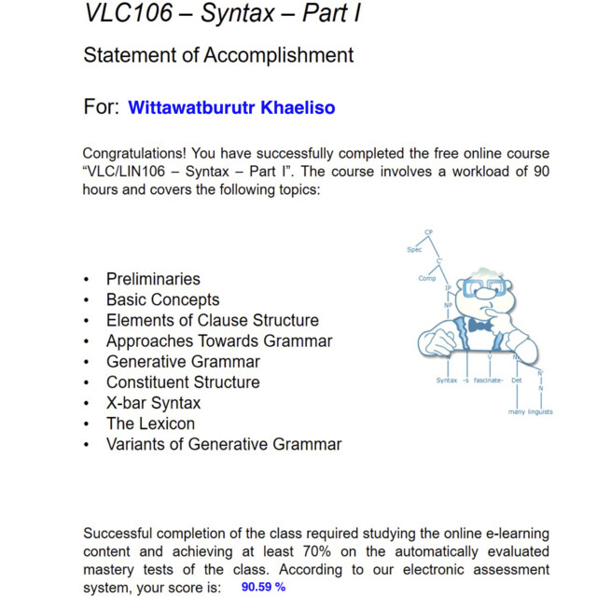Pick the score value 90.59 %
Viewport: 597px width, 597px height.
point(263,587)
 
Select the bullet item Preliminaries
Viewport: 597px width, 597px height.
point(153,279)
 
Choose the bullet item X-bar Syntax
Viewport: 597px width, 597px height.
point(153,403)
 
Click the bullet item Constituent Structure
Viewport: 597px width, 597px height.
point(183,382)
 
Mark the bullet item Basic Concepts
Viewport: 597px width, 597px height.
point(162,299)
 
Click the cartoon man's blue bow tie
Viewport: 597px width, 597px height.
point(479,326)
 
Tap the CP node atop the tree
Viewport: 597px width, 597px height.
point(428,231)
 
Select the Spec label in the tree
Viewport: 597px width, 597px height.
point(414,249)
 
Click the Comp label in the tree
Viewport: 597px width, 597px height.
point(427,278)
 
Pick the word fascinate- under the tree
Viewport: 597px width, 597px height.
point(489,381)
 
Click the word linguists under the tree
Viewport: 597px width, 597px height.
point(540,410)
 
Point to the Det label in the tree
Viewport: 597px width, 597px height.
point(517,381)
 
